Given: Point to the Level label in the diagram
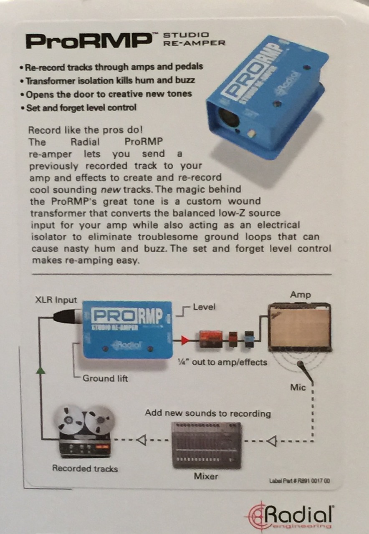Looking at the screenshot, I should tap(205, 307).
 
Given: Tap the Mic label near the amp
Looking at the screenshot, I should tap(298, 388).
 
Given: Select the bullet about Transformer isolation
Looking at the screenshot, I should tap(110, 80).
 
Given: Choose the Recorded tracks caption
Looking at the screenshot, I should tap(85, 469).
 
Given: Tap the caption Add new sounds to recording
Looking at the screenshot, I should tap(207, 413).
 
